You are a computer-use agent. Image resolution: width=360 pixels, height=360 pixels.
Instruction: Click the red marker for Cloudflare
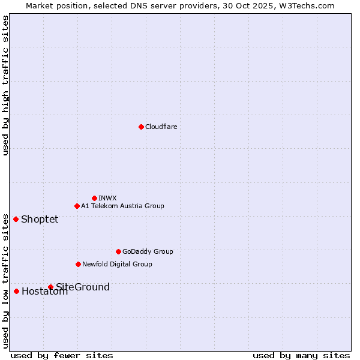[x=141, y=127]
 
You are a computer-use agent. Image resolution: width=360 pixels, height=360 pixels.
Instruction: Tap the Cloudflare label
[x=161, y=127]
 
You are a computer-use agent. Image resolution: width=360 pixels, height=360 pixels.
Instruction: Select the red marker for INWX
[x=94, y=198]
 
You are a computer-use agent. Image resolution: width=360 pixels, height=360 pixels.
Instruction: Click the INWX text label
[x=107, y=198]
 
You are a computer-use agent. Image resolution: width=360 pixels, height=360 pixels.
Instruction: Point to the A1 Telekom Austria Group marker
[x=77, y=206]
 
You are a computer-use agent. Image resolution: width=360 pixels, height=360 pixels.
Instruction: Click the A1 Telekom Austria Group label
[x=122, y=206]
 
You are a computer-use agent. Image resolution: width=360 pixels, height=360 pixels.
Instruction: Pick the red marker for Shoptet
[x=16, y=219]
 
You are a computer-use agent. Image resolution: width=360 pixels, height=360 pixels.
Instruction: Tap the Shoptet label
[x=40, y=219]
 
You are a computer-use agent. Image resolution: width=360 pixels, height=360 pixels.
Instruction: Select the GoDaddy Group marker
[x=118, y=251]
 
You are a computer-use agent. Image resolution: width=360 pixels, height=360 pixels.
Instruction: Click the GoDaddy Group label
[x=148, y=251]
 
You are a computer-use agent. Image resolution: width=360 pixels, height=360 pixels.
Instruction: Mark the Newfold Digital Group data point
[x=78, y=264]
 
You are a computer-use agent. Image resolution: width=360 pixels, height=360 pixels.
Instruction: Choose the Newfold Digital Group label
[x=117, y=264]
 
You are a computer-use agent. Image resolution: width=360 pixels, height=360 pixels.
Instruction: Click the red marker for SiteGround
[x=50, y=287]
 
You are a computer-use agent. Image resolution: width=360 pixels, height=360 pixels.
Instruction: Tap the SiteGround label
[x=83, y=287]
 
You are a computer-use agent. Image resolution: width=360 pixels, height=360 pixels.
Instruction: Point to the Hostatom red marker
[x=16, y=291]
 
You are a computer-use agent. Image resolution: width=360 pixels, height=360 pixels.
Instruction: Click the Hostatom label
[x=44, y=292]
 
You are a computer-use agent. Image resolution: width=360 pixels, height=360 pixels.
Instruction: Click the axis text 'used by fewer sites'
[x=62, y=355]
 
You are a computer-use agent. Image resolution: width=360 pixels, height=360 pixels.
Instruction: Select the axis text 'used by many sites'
[x=301, y=355]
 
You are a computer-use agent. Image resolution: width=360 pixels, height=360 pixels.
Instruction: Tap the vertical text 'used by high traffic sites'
[x=5, y=85]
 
